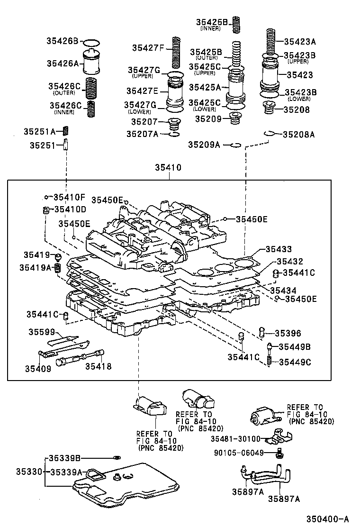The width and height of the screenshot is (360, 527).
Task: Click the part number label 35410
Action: pyautogui.click(x=168, y=168)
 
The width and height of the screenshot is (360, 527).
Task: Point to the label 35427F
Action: pyautogui.click(x=148, y=47)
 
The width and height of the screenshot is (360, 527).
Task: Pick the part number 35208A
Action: pyautogui.click(x=298, y=134)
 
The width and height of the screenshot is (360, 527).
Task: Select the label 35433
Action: pyautogui.click(x=278, y=249)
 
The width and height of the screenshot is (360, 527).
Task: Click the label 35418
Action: pyautogui.click(x=99, y=366)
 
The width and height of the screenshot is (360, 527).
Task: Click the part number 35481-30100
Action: pyautogui.click(x=235, y=439)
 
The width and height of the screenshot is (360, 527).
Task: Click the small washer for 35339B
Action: pyautogui.click(x=117, y=458)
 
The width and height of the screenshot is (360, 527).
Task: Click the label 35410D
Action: pyautogui.click(x=70, y=209)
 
